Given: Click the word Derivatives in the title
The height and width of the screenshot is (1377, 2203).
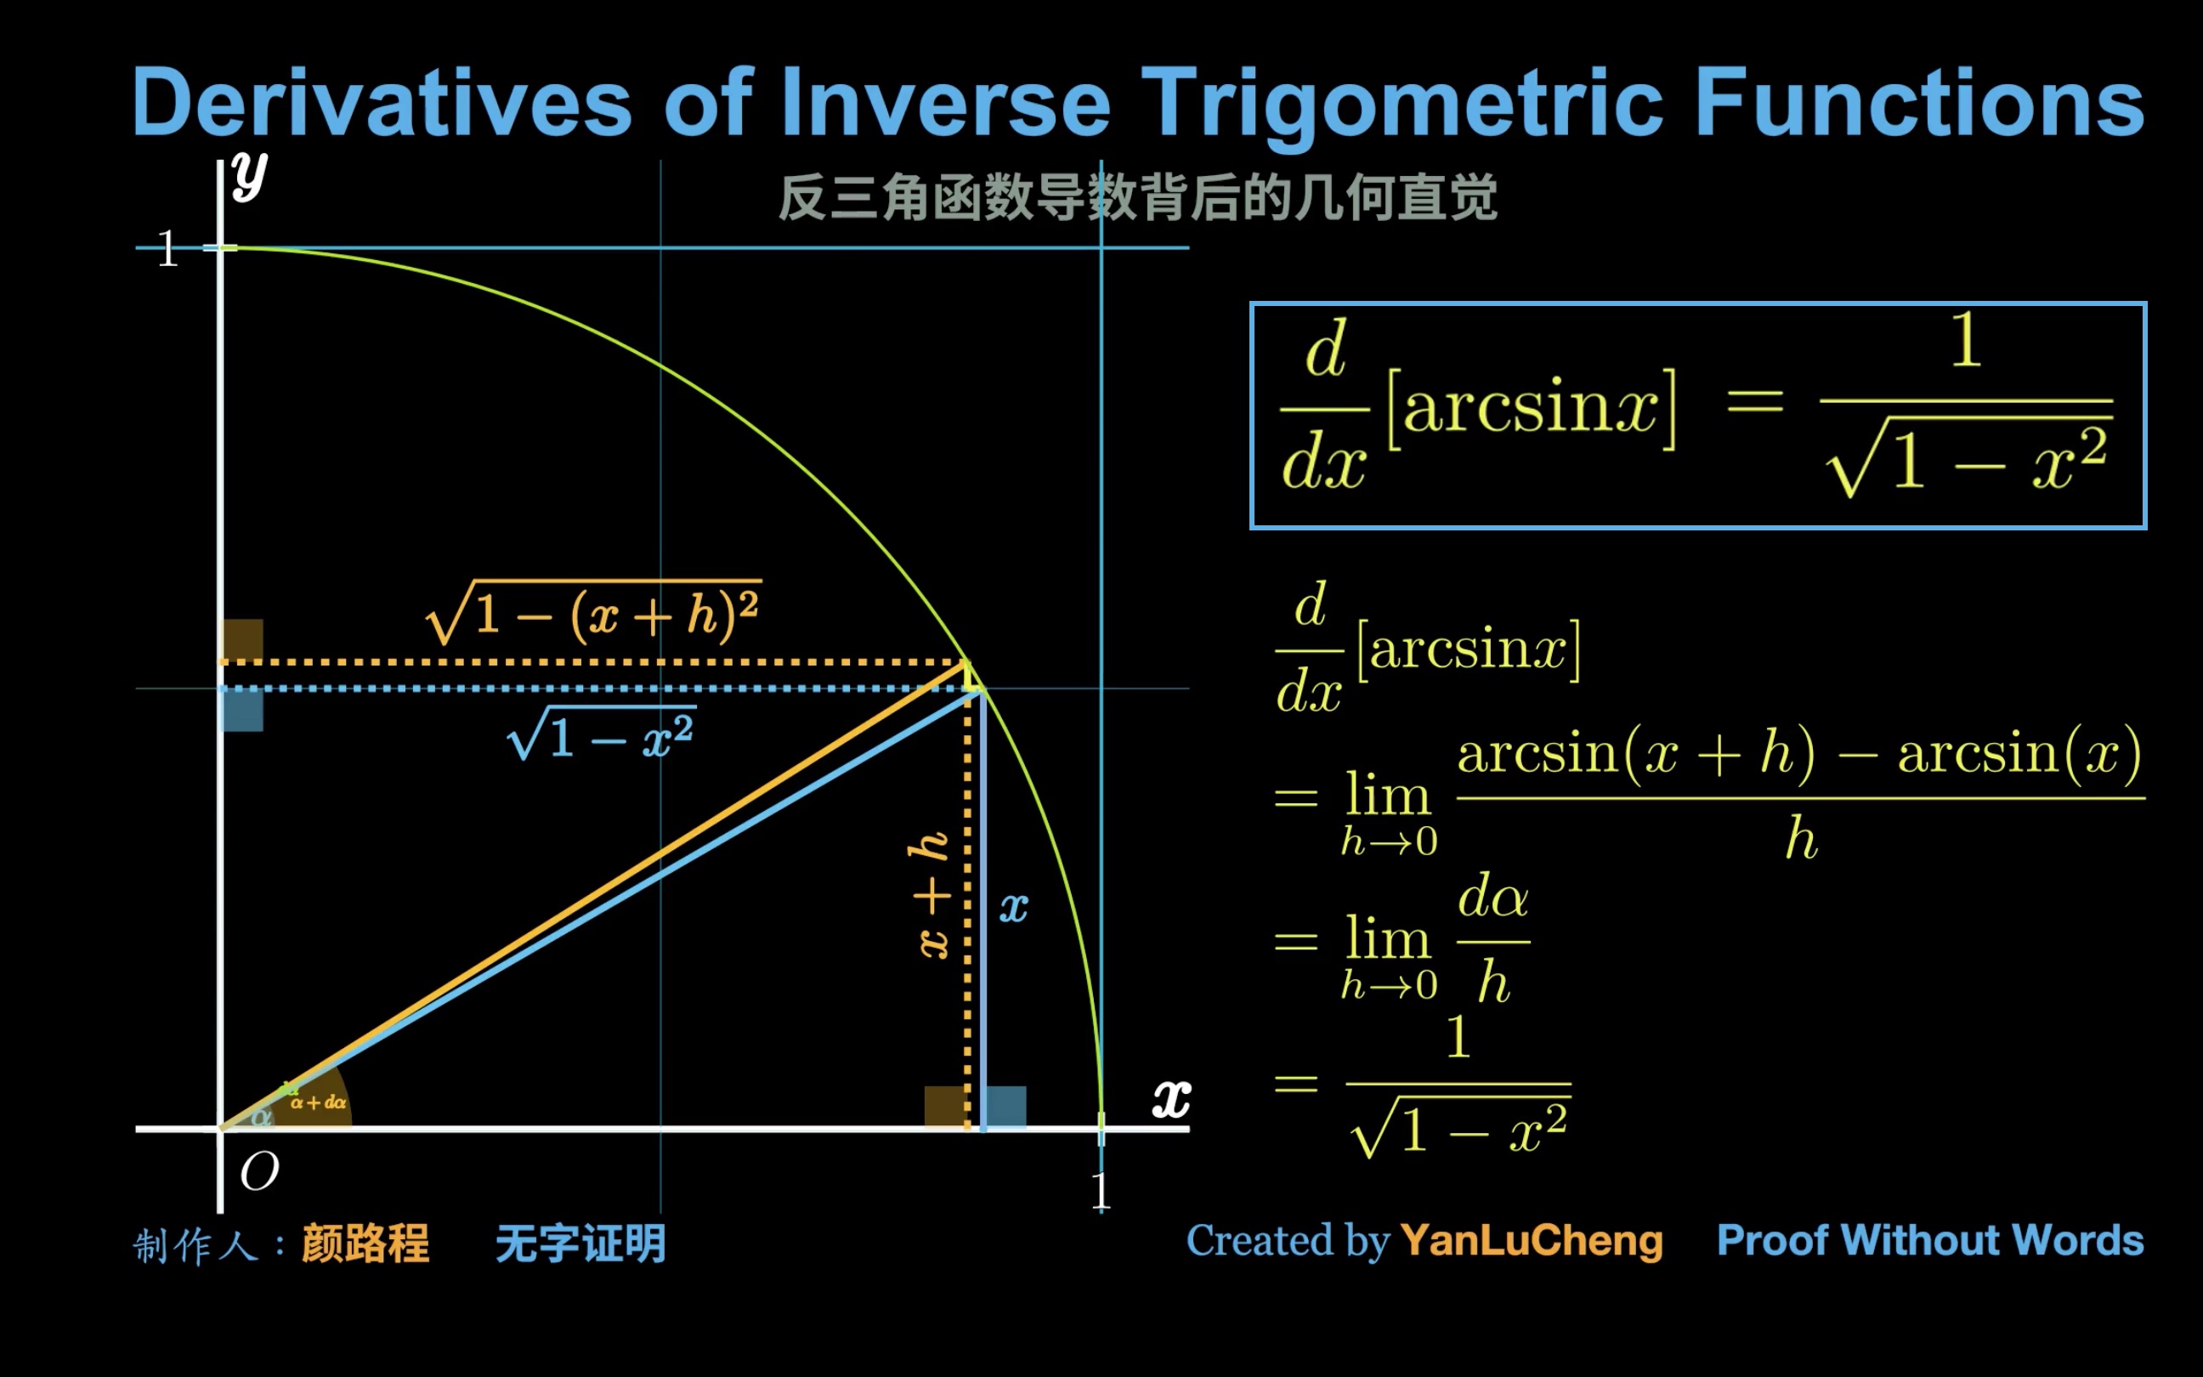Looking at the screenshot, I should [382, 102].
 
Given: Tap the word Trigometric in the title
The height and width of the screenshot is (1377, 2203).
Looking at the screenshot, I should [1402, 102].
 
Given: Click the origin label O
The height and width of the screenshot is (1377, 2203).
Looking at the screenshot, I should [259, 1171].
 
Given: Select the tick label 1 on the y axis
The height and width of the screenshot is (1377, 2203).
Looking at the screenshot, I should [167, 248].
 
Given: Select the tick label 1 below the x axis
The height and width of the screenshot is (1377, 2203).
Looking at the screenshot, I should [1101, 1191].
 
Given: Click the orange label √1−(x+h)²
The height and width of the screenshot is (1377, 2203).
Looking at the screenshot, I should [593, 614].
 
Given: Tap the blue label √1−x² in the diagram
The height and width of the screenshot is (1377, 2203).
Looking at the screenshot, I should [602, 734].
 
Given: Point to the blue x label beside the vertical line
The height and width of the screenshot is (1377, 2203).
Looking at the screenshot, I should [1013, 908].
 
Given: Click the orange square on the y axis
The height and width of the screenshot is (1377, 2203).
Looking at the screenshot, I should [243, 639].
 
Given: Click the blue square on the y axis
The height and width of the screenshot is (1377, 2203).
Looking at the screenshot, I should [243, 711].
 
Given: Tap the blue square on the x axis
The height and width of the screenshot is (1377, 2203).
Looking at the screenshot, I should [1006, 1106].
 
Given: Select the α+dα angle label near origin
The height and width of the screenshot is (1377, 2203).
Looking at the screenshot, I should [319, 1103].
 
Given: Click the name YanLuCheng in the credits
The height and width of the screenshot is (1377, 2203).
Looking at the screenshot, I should [1532, 1240].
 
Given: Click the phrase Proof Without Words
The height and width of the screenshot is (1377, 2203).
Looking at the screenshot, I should [1930, 1240].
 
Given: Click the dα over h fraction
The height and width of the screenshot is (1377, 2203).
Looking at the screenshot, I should [1493, 940].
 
